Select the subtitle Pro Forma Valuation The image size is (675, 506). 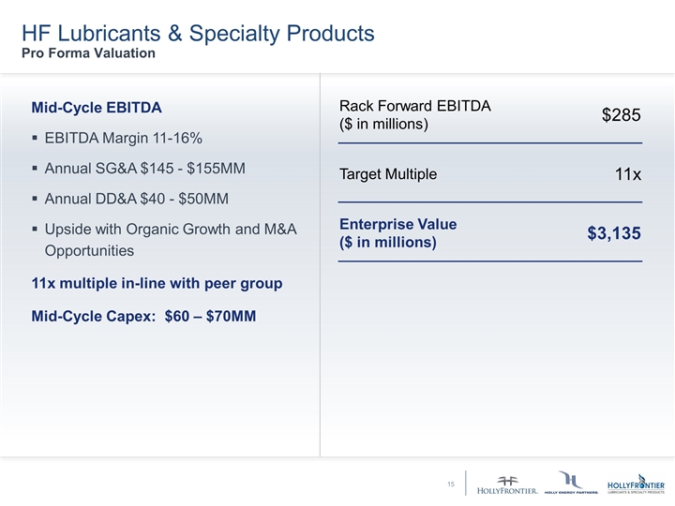pos(89,53)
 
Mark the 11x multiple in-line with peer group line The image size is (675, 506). pos(157,284)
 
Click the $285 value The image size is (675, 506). pos(621,114)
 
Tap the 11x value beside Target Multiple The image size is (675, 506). pos(627,174)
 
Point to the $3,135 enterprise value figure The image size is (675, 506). pos(614,233)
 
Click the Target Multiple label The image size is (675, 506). pos(387,175)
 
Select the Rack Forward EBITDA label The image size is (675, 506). pos(414,106)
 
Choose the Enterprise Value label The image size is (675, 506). pos(397,225)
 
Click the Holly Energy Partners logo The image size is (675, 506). pos(570,483)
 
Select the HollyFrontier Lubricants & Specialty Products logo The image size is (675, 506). pos(636,483)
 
